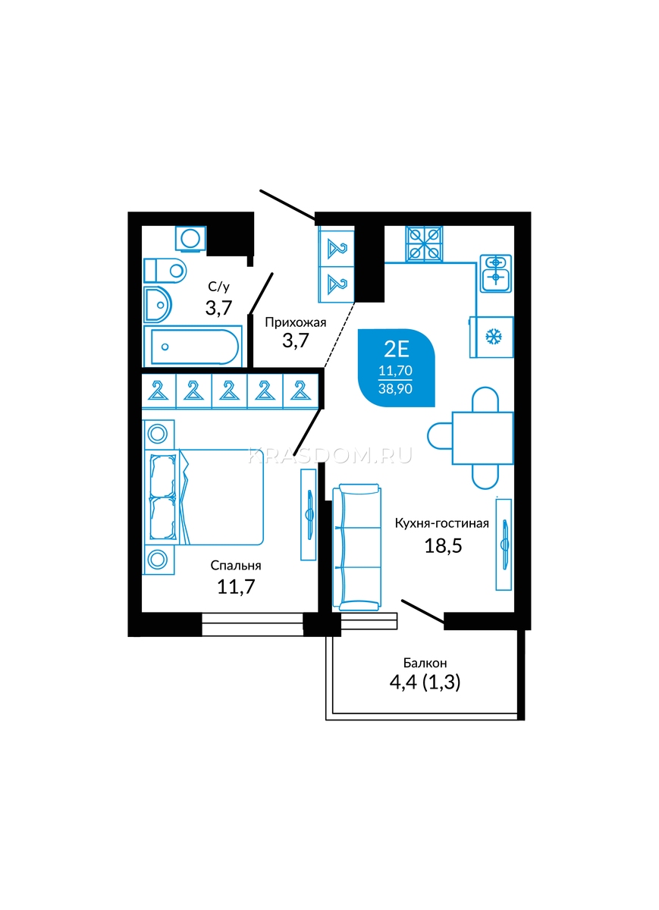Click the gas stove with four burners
(424, 243)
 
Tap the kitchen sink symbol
(496, 273)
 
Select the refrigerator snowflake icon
(494, 337)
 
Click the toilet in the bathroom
(165, 270)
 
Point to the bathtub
(193, 346)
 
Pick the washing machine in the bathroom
(190, 238)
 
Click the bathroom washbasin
(158, 304)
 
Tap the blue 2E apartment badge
(396, 368)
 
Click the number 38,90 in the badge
(395, 389)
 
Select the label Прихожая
(295, 323)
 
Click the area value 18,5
(444, 545)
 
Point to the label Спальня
(236, 565)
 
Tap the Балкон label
(425, 663)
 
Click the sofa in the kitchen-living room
(356, 547)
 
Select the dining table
(482, 438)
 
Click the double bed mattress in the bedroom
(221, 497)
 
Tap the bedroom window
(253, 624)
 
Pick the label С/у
(218, 287)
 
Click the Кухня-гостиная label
(441, 523)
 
